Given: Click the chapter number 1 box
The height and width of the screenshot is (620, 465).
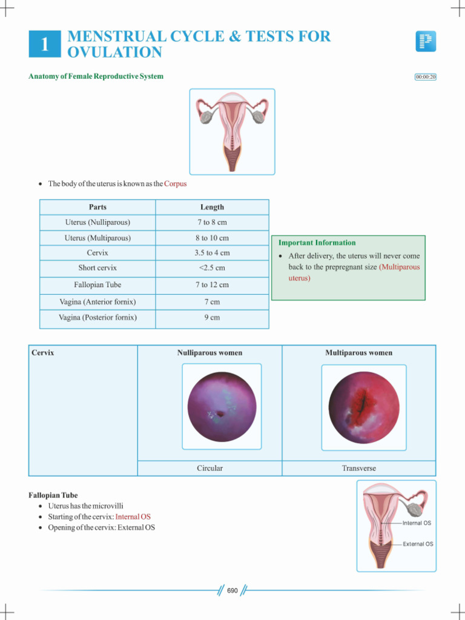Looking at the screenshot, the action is pyautogui.click(x=45, y=44).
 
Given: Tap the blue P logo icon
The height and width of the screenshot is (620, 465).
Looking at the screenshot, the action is pyautogui.click(x=426, y=41).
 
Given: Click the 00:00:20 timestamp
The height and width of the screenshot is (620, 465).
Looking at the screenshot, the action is pyautogui.click(x=426, y=77).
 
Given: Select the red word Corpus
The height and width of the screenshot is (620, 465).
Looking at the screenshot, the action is pyautogui.click(x=176, y=183).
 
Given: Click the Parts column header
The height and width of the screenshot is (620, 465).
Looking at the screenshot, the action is pyautogui.click(x=97, y=207).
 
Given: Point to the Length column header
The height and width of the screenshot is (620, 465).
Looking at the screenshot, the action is pyautogui.click(x=212, y=207).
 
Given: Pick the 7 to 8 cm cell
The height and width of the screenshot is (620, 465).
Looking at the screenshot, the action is pyautogui.click(x=212, y=222).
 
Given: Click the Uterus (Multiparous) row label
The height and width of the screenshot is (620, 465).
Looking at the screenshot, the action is pyautogui.click(x=97, y=238).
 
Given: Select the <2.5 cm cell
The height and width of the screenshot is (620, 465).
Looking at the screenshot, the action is pyautogui.click(x=212, y=268).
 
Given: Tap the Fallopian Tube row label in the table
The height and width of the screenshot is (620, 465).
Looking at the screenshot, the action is pyautogui.click(x=97, y=285).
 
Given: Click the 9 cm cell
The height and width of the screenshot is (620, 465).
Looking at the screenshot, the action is pyautogui.click(x=212, y=317).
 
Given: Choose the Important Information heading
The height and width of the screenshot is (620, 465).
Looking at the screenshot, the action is pyautogui.click(x=317, y=243).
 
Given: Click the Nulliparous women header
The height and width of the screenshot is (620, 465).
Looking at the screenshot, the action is pyautogui.click(x=209, y=352).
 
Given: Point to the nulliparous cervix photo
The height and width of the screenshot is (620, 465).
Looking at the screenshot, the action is pyautogui.click(x=222, y=406).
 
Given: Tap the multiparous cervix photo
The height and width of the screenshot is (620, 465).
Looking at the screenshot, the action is pyautogui.click(x=363, y=407).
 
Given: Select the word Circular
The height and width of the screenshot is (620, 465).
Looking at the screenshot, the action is pyautogui.click(x=209, y=468).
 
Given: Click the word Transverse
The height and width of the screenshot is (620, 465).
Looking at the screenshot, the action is pyautogui.click(x=359, y=468).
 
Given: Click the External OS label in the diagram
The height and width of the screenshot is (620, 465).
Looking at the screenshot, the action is pyautogui.click(x=418, y=544).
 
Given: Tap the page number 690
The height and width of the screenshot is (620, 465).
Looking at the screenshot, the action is pyautogui.click(x=232, y=590).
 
